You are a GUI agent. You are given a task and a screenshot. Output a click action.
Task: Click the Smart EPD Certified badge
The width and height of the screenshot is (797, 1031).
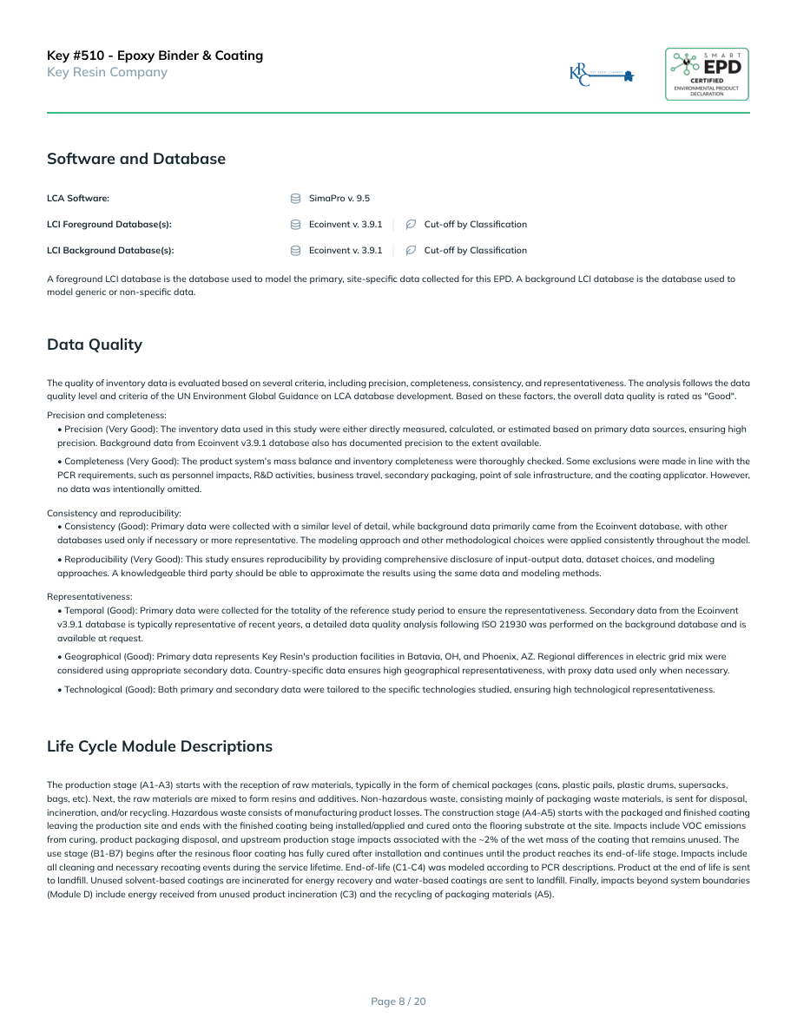coord(707,74)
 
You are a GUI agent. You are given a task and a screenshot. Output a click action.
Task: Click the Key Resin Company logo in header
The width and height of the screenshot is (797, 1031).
coord(601,75)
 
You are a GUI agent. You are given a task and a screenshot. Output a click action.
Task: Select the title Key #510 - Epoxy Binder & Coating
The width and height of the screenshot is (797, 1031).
coord(155,56)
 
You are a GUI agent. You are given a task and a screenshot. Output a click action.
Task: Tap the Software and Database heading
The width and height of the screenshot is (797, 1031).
coord(135,159)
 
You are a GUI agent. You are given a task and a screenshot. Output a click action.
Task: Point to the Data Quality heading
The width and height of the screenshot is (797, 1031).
coord(94,345)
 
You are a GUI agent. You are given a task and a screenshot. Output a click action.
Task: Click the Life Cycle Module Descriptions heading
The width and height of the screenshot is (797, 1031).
coord(159,746)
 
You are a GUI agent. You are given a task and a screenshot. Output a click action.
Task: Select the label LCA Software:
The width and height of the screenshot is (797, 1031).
coord(77,199)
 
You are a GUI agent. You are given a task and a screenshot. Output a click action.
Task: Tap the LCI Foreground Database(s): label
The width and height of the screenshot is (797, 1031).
coord(109,225)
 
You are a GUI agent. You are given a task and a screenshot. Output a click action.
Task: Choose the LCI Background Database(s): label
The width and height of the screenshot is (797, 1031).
coord(109,251)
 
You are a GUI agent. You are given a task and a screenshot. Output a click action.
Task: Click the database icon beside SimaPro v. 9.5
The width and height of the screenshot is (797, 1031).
coord(295,199)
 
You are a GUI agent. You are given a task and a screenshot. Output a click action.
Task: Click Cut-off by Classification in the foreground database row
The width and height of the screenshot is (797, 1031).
coord(475,225)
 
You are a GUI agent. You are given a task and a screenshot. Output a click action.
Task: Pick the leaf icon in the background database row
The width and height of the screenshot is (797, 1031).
coord(411,251)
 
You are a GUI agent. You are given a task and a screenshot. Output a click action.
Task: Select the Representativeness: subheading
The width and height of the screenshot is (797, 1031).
coord(89,597)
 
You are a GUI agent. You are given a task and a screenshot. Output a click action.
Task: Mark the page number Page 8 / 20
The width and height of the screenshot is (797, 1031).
coord(398,1001)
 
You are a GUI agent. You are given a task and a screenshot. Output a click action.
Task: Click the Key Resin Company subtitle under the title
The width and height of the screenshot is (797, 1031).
coord(107,72)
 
